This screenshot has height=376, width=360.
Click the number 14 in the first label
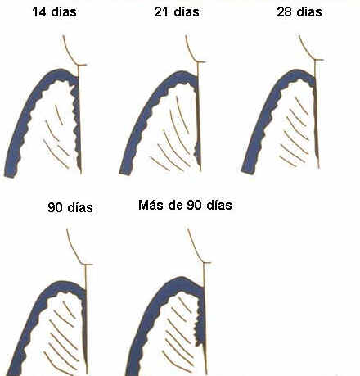click(x=39, y=12)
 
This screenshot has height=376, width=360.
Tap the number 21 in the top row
click(x=161, y=12)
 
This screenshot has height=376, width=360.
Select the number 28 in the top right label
click(x=284, y=12)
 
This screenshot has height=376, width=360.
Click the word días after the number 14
click(x=64, y=12)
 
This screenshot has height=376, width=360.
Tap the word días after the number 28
click(x=309, y=12)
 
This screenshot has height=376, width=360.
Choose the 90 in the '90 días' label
click(x=55, y=207)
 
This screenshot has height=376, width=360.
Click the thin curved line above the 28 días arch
click(x=306, y=49)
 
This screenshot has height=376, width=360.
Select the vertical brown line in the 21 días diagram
click(x=199, y=116)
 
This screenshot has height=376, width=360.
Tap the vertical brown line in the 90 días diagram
click(x=86, y=319)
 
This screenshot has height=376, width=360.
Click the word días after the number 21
click(x=187, y=12)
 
